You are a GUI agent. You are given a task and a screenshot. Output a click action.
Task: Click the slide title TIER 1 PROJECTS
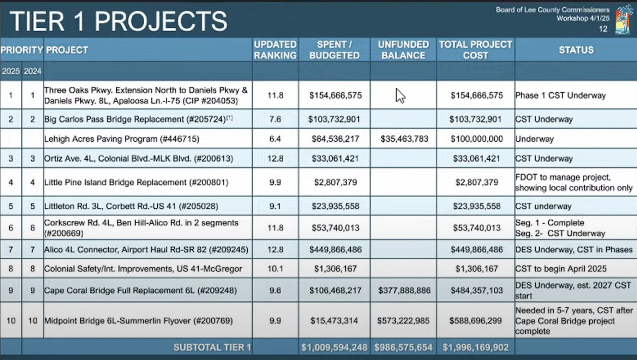pyautogui.click(x=118, y=21)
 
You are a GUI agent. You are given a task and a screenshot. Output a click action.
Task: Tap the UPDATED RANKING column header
pyautogui.click(x=275, y=50)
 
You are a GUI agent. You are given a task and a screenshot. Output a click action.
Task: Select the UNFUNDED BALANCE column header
pyautogui.click(x=403, y=50)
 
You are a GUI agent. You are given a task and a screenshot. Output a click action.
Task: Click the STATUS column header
pyautogui.click(x=576, y=50)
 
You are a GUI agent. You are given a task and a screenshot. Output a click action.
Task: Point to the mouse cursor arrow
pyautogui.click(x=400, y=96)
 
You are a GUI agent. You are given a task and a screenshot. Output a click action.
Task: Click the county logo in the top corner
pyautogui.click(x=624, y=20)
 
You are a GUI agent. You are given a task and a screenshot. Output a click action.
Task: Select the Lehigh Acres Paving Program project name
pyautogui.click(x=122, y=139)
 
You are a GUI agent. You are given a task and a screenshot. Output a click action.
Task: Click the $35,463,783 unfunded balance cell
pyautogui.click(x=404, y=139)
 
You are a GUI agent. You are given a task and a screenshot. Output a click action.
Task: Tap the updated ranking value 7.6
pyautogui.click(x=275, y=119)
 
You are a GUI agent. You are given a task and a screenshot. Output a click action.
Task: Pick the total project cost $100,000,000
pyautogui.click(x=476, y=139)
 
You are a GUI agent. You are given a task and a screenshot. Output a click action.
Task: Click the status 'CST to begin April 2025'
pyautogui.click(x=561, y=269)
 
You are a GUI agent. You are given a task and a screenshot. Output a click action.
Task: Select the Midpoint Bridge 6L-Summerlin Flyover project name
pyautogui.click(x=139, y=321)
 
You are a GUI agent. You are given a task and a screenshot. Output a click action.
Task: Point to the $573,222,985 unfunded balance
pyautogui.click(x=403, y=321)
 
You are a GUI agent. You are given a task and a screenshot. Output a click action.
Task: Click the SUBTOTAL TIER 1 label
pyautogui.click(x=212, y=347)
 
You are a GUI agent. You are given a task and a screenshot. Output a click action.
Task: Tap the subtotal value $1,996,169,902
pyautogui.click(x=475, y=347)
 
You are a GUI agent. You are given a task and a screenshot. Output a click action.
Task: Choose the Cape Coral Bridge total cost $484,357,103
pyautogui.click(x=476, y=291)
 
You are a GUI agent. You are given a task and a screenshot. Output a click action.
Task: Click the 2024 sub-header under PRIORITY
pyautogui.click(x=32, y=71)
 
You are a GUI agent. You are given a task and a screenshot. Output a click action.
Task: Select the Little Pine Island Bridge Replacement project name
pyautogui.click(x=136, y=182)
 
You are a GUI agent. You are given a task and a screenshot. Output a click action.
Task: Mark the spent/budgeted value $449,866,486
pyautogui.click(x=335, y=249)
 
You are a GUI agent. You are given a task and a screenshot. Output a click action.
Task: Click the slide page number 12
pyautogui.click(x=603, y=29)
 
